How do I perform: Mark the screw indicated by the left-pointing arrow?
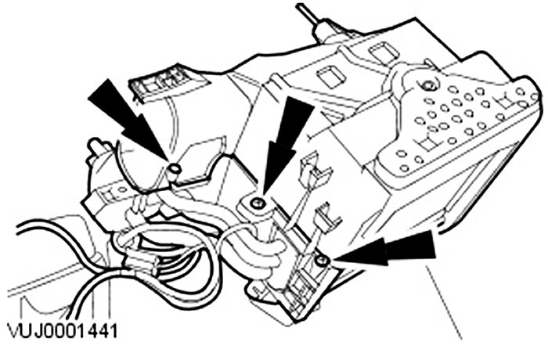click(322, 260)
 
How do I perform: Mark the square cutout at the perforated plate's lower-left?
click(427, 146)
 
